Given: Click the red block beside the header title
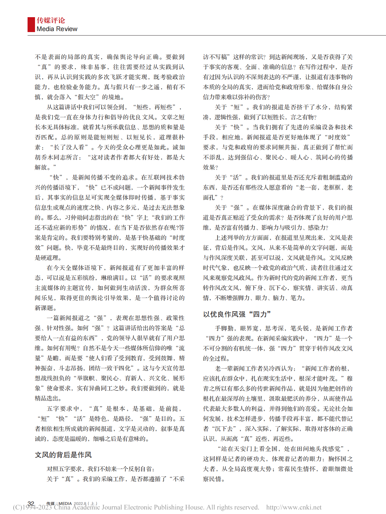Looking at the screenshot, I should (x=31, y=25).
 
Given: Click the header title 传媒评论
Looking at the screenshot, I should (x=51, y=20).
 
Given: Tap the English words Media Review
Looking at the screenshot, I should (x=57, y=29).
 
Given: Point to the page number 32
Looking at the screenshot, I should (x=31, y=503).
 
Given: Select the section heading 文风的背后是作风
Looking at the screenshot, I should (x=63, y=455).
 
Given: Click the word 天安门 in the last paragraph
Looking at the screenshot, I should (x=240, y=449).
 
